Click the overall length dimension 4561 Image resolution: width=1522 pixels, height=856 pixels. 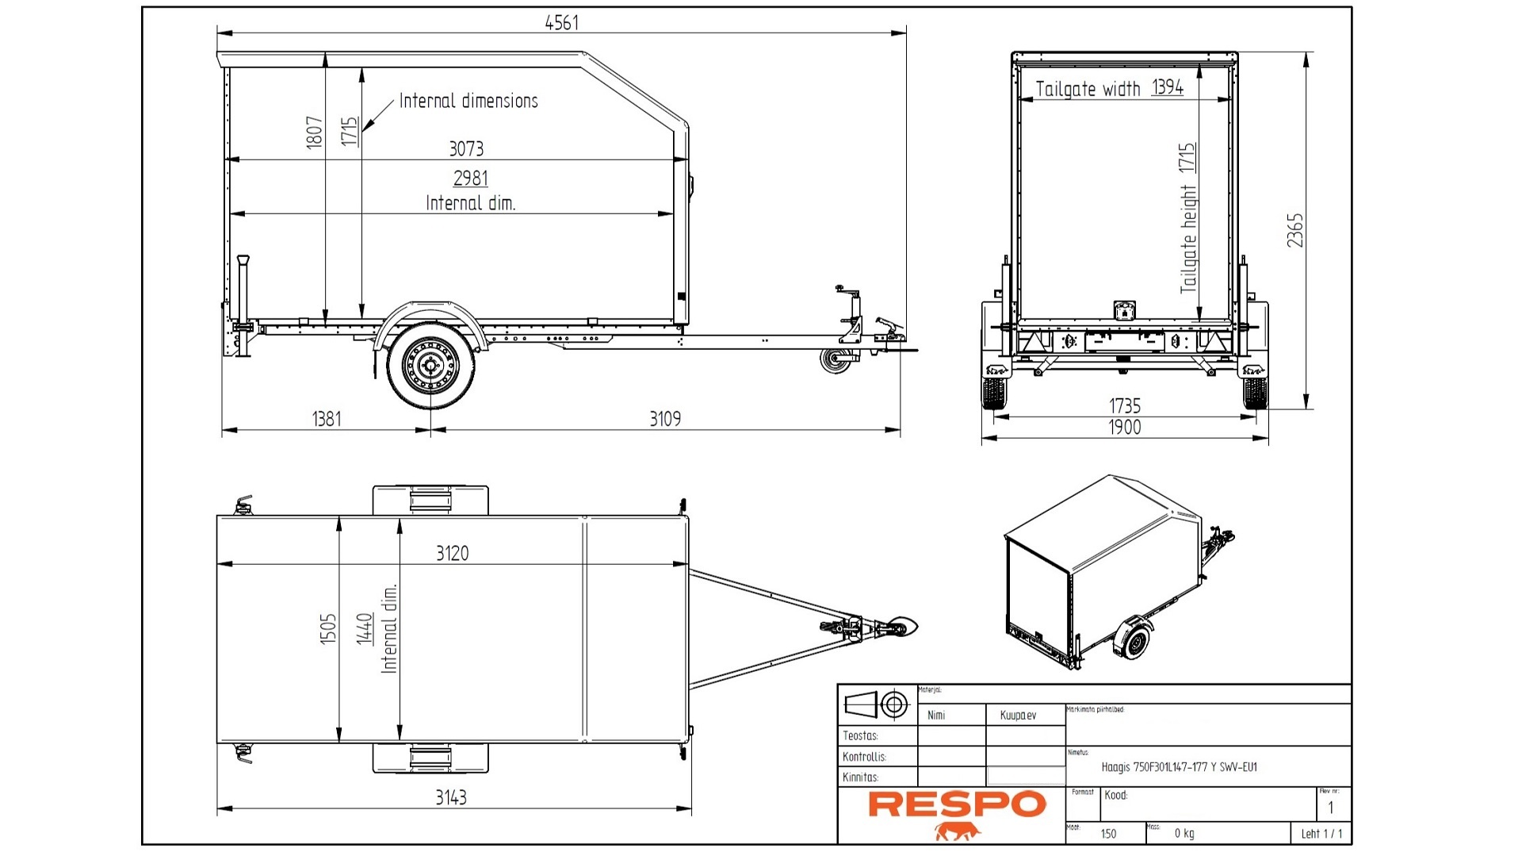click(561, 23)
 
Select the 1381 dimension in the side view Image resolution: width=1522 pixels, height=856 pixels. click(327, 419)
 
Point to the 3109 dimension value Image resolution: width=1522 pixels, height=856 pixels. click(664, 419)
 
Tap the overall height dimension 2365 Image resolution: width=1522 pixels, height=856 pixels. click(1294, 230)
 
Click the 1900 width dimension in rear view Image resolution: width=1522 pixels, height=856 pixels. click(1124, 428)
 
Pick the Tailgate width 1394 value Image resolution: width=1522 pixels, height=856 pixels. click(1167, 87)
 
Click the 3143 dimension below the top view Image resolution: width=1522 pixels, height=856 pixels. click(450, 797)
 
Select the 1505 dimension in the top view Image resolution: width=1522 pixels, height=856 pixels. click(328, 628)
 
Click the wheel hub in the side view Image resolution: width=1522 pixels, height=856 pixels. click(430, 366)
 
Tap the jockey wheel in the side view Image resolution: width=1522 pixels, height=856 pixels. click(835, 361)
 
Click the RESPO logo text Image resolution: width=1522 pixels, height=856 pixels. click(957, 804)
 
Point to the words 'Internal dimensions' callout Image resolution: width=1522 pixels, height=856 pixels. click(468, 101)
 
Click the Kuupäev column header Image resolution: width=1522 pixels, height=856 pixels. click(1018, 715)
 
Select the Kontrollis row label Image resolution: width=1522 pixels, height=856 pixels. click(864, 757)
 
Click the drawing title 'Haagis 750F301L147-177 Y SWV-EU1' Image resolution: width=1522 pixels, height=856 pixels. click(1179, 767)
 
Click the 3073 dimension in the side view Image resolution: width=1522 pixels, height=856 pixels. click(465, 148)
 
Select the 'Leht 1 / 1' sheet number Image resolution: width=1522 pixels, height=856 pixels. click(1321, 833)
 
